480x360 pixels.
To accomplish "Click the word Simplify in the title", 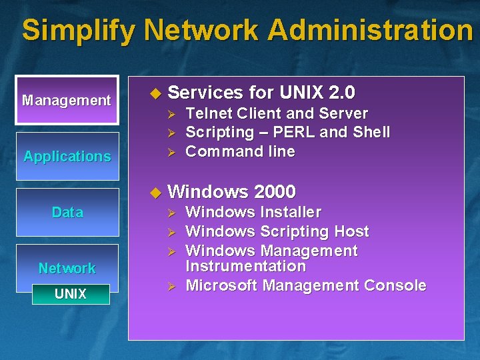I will click(x=78, y=31).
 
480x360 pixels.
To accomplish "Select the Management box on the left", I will click(x=67, y=101).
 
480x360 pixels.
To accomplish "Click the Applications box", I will click(x=67, y=157).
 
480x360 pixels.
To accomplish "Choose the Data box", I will click(x=67, y=213).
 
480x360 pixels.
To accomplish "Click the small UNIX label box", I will click(x=71, y=294).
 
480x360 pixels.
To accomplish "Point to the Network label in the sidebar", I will click(x=67, y=269).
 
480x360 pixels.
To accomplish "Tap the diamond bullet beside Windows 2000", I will click(x=155, y=193).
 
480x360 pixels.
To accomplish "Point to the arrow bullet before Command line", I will click(x=171, y=152).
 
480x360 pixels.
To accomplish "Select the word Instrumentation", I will click(x=245, y=267).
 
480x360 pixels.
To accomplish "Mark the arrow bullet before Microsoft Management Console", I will click(x=171, y=287).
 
